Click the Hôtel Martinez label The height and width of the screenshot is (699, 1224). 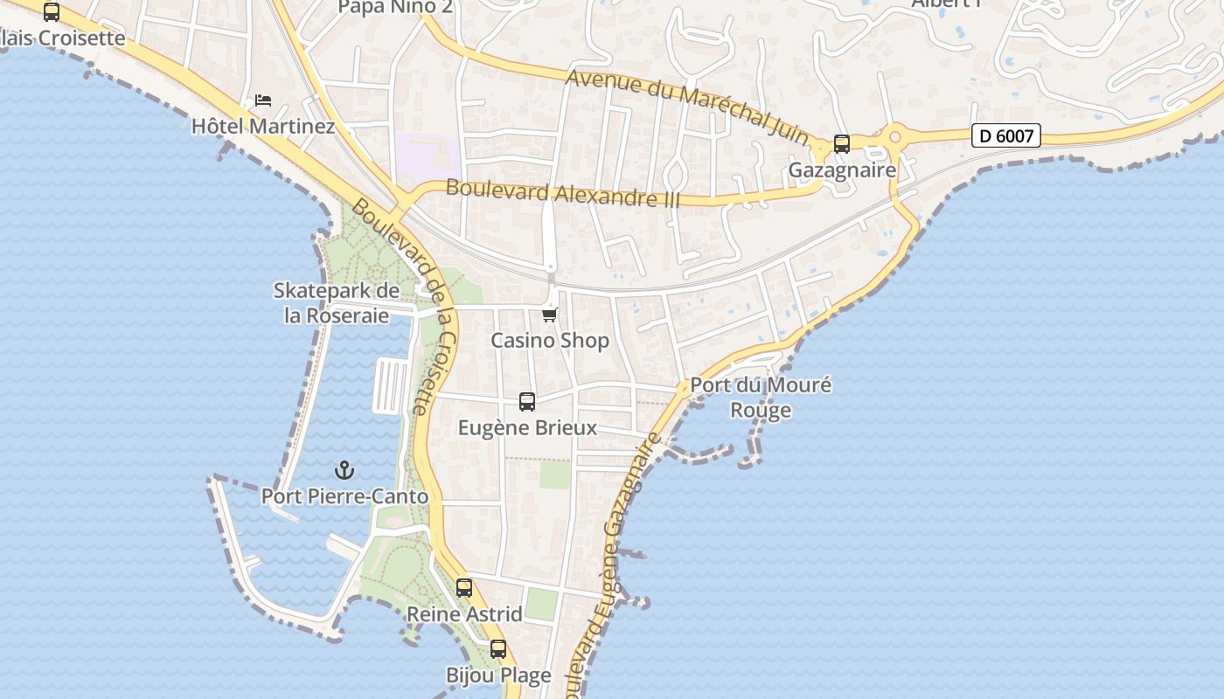click(x=263, y=126)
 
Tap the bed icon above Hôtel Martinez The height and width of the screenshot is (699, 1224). click(x=263, y=100)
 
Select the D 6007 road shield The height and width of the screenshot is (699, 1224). click(x=1005, y=136)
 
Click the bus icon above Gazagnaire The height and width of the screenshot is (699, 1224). click(x=842, y=144)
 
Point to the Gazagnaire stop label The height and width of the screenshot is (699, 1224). click(x=842, y=170)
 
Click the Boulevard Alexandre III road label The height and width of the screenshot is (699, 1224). click(x=562, y=193)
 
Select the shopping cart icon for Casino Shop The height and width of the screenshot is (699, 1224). click(x=549, y=315)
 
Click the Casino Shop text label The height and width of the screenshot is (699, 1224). click(x=549, y=340)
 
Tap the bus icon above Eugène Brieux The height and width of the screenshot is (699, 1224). click(x=527, y=402)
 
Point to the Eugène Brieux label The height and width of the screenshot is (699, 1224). click(x=527, y=427)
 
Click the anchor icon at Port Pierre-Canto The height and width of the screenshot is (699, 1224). click(x=344, y=471)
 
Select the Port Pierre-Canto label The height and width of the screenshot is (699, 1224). click(x=344, y=496)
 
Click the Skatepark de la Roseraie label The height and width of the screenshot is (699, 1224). click(x=337, y=302)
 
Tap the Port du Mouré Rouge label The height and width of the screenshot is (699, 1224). click(x=761, y=397)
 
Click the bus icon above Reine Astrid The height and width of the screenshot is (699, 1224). click(x=464, y=588)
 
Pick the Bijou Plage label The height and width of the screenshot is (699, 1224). click(x=498, y=675)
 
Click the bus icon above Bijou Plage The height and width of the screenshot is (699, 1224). click(x=498, y=649)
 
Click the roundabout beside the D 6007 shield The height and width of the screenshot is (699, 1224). click(x=894, y=136)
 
